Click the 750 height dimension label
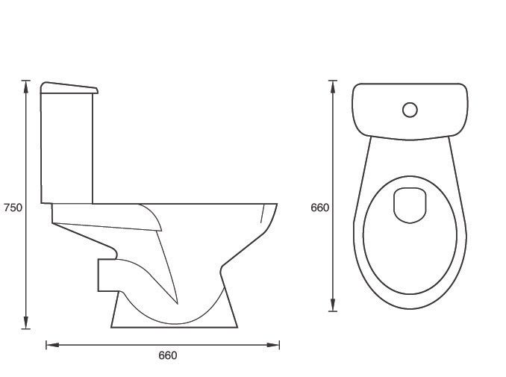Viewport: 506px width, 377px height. tap(13, 208)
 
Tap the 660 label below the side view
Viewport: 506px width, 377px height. tap(168, 356)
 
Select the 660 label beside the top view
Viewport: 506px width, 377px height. tap(319, 208)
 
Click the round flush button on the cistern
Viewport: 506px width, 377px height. tap(410, 110)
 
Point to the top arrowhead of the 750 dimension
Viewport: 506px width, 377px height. tap(26, 83)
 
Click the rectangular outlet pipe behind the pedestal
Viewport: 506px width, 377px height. tap(106, 275)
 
